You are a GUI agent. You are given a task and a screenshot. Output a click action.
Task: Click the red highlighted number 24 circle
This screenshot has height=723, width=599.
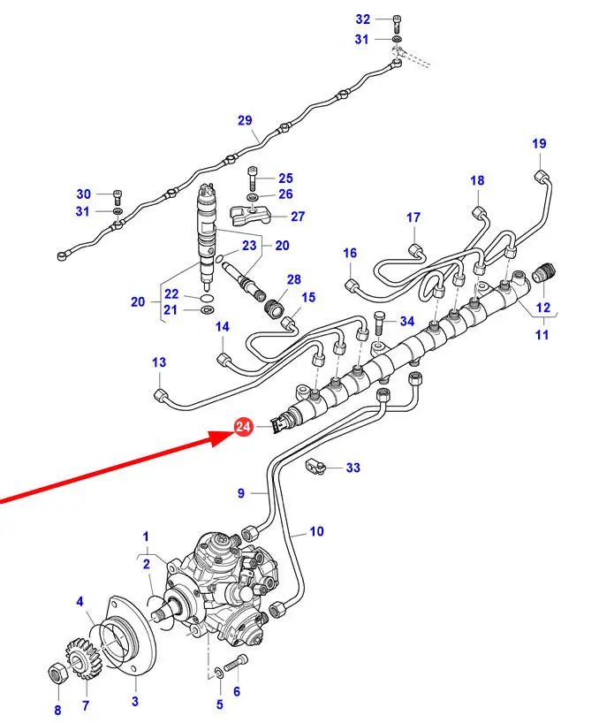pyautogui.click(x=243, y=427)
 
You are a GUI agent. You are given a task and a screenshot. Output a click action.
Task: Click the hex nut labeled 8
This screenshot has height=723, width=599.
pyautogui.click(x=58, y=674)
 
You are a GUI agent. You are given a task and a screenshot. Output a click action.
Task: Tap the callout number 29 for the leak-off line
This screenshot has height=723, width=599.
pyautogui.click(x=245, y=120)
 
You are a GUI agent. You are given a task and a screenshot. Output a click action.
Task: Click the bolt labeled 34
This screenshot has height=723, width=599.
pyautogui.click(x=378, y=323)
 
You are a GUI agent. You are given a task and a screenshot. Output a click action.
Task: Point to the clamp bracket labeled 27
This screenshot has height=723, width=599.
pyautogui.click(x=249, y=217)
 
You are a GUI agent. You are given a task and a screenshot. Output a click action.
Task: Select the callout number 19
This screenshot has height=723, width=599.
pyautogui.click(x=539, y=143)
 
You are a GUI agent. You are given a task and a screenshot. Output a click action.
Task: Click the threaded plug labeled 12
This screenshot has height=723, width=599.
pyautogui.click(x=543, y=272)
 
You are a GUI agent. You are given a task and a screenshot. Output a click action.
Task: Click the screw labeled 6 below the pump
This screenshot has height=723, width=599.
pyautogui.click(x=236, y=662)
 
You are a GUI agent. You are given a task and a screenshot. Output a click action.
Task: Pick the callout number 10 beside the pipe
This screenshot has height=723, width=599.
pyautogui.click(x=316, y=531)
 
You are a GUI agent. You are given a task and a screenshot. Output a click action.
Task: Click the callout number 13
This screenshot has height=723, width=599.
pyautogui.click(x=159, y=362)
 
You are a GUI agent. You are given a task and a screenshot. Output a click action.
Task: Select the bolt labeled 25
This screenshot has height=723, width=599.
pyautogui.click(x=253, y=178)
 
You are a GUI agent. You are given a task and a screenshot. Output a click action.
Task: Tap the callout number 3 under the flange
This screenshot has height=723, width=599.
pyautogui.click(x=135, y=701)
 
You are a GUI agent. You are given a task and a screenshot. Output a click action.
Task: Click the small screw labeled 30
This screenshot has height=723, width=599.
pyautogui.click(x=117, y=197)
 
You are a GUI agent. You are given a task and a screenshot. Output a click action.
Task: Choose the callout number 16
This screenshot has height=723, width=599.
pyautogui.click(x=350, y=253)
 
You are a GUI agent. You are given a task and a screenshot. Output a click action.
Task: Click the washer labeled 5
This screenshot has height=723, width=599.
pyautogui.click(x=219, y=673)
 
